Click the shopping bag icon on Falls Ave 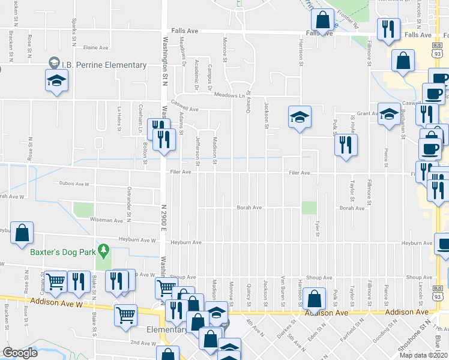pos(323,20)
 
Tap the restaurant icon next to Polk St pos(345,145)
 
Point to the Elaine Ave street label pos(96,47)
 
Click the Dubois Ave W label pos(74,184)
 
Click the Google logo pos(20,353)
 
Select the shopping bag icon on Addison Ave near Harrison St pos(314,298)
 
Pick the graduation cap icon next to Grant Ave pos(389,113)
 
